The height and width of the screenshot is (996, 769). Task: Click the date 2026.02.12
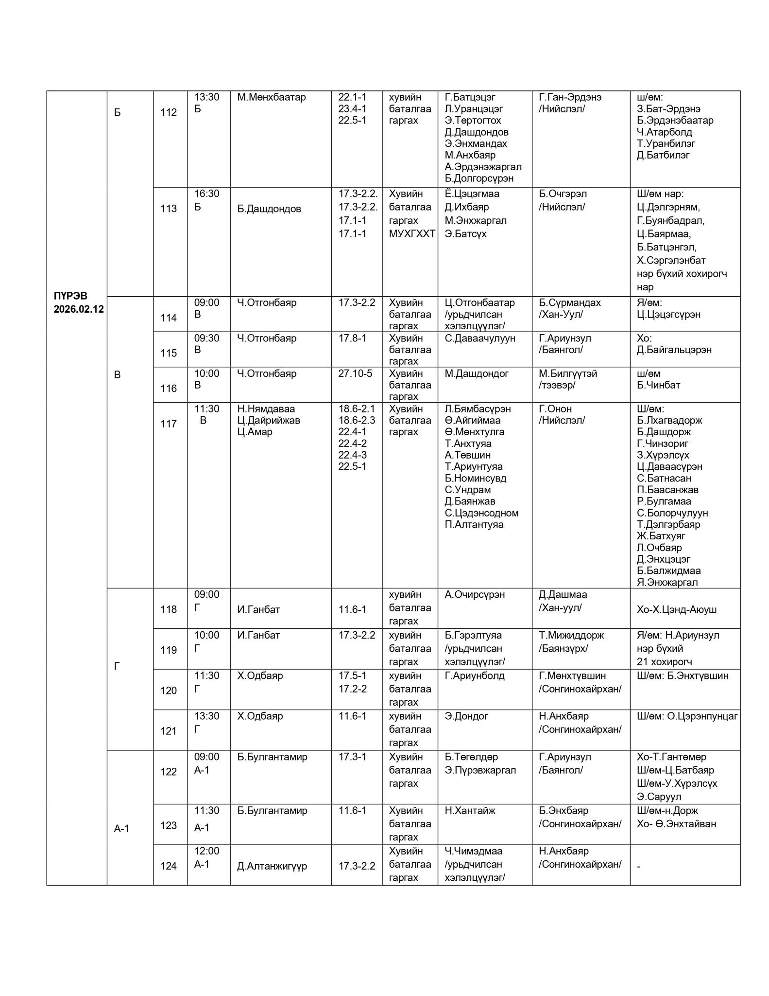click(79, 309)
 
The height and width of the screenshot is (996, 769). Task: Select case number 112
click(169, 112)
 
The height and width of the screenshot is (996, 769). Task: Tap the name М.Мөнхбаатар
click(272, 97)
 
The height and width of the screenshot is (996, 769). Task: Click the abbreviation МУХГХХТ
click(412, 234)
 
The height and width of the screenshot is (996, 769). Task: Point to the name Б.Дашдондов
click(269, 209)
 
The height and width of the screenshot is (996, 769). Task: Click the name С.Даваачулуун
click(480, 338)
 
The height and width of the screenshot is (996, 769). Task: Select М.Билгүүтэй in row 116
click(568, 373)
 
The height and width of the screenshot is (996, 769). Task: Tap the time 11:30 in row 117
click(207, 409)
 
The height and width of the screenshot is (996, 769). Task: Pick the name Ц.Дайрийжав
click(269, 420)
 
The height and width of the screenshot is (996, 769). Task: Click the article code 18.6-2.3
click(357, 420)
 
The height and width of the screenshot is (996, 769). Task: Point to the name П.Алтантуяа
click(474, 524)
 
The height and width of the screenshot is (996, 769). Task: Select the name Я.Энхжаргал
click(667, 582)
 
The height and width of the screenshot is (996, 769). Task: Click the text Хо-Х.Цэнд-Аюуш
click(677, 609)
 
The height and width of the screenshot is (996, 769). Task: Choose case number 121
click(169, 731)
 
